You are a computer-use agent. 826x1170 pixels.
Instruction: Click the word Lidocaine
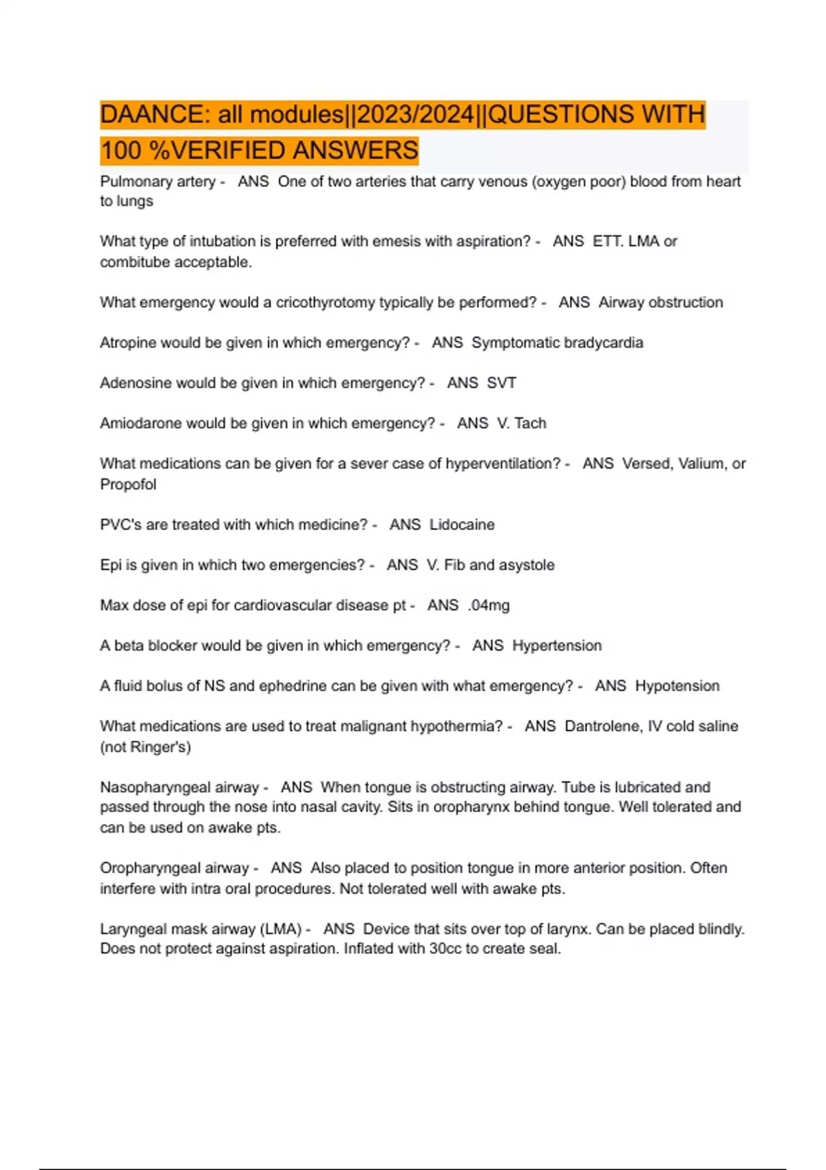pos(462,524)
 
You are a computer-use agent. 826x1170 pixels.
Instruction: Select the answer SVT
pos(501,383)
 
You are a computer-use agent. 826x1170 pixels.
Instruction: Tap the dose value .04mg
pos(489,606)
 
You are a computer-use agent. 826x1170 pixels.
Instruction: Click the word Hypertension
pos(557,646)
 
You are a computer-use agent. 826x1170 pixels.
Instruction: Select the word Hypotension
pos(677,686)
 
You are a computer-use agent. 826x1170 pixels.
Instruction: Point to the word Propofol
pos(128,485)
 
